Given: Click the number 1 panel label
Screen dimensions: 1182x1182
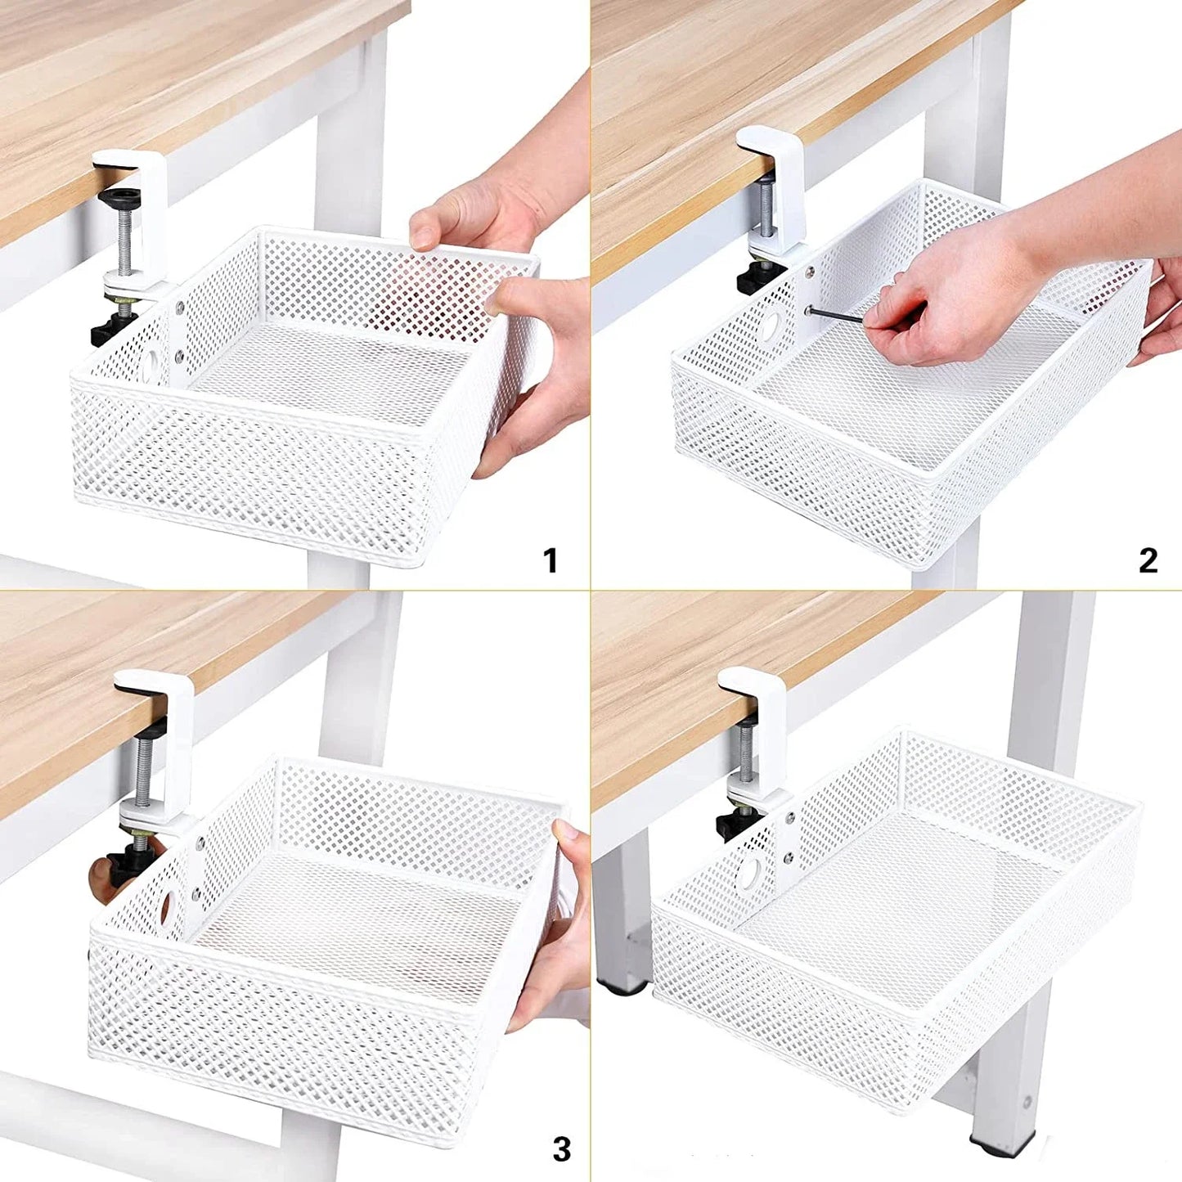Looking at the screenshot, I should tap(551, 561).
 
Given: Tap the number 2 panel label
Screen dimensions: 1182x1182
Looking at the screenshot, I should tap(1148, 561).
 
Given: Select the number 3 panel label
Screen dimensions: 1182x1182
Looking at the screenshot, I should tap(561, 1148).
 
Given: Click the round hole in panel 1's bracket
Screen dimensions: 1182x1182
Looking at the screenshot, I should tap(152, 366).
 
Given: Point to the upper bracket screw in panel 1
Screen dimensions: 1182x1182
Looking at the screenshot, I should tap(179, 309).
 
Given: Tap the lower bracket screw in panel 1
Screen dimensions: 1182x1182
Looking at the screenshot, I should tap(179, 356).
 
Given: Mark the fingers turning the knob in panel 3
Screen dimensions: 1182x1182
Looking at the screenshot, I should tap(102, 882).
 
